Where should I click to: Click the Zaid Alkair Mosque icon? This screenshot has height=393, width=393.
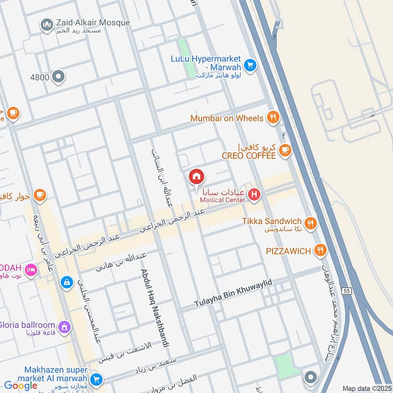[47, 25]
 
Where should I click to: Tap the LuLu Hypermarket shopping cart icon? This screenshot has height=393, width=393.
[250, 65]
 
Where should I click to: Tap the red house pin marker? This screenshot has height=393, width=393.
[196, 177]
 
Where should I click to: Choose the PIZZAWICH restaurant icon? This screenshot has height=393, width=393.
[320, 251]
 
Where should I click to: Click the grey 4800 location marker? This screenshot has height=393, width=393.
[58, 77]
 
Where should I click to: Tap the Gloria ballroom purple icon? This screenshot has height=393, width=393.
[64, 326]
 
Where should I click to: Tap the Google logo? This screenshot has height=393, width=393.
[21, 386]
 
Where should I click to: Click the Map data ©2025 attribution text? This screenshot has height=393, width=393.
[366, 388]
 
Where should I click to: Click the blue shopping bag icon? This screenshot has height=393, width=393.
[66, 282]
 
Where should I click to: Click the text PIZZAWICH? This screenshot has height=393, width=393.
[288, 251]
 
